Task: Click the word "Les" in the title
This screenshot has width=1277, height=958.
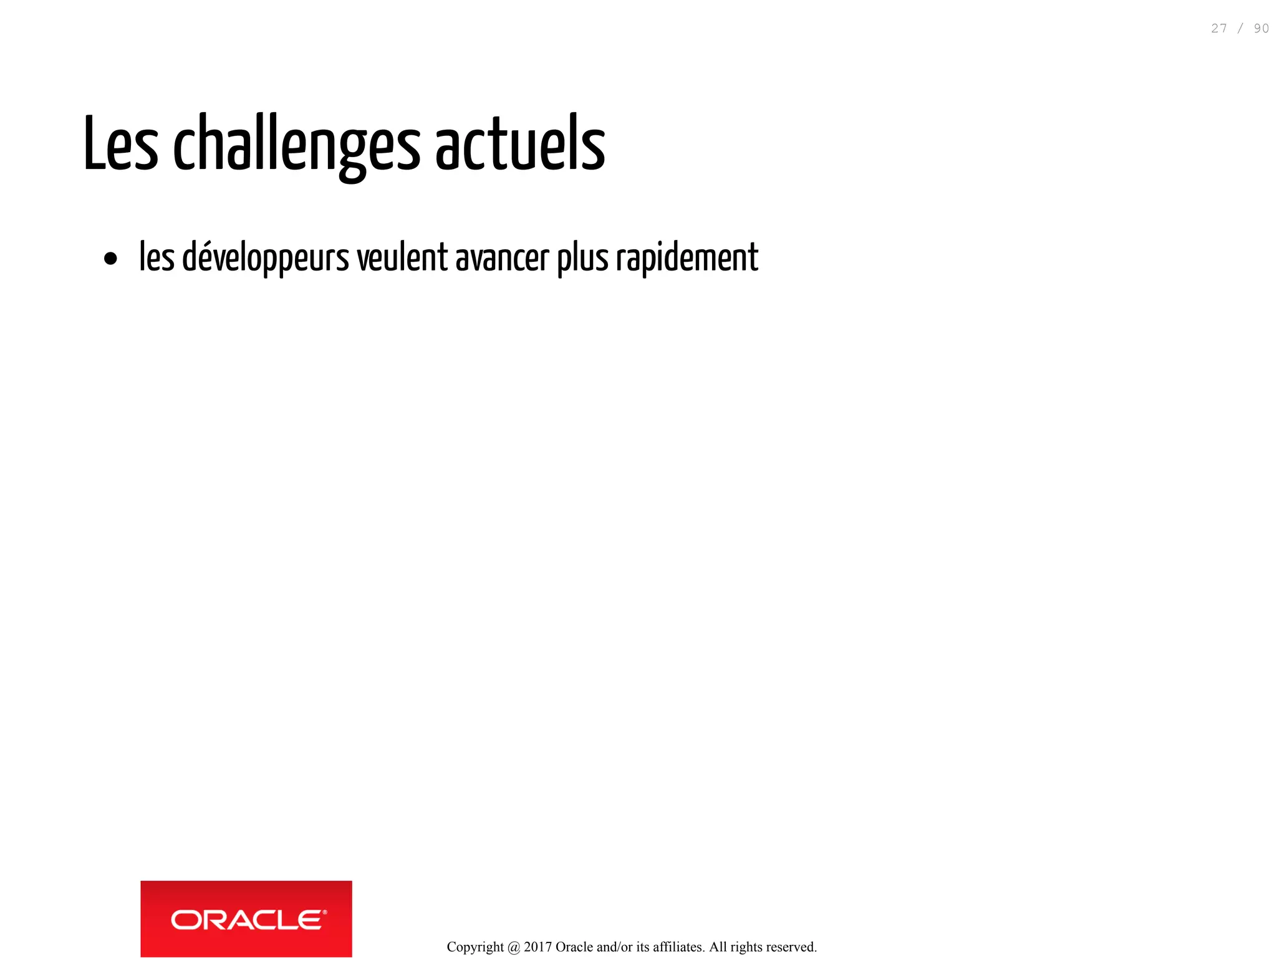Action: (120, 144)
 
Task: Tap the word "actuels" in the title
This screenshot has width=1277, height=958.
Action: (520, 144)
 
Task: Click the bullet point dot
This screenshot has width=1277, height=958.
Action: (111, 259)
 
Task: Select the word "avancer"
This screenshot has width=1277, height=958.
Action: (503, 258)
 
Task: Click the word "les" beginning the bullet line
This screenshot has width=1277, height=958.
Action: (157, 257)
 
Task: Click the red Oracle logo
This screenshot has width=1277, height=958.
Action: (246, 919)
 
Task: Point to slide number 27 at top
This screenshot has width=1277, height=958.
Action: (1219, 29)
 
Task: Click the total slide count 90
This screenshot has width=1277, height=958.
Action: (1261, 29)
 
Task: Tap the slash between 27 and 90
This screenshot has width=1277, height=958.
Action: (1240, 29)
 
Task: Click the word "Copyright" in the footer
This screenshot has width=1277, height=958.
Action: (475, 947)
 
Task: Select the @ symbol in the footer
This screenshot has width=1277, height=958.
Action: (514, 947)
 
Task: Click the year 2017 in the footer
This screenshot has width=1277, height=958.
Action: (537, 947)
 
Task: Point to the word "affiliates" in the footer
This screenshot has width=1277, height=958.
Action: (678, 947)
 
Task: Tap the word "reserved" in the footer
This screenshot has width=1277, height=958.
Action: (791, 947)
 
